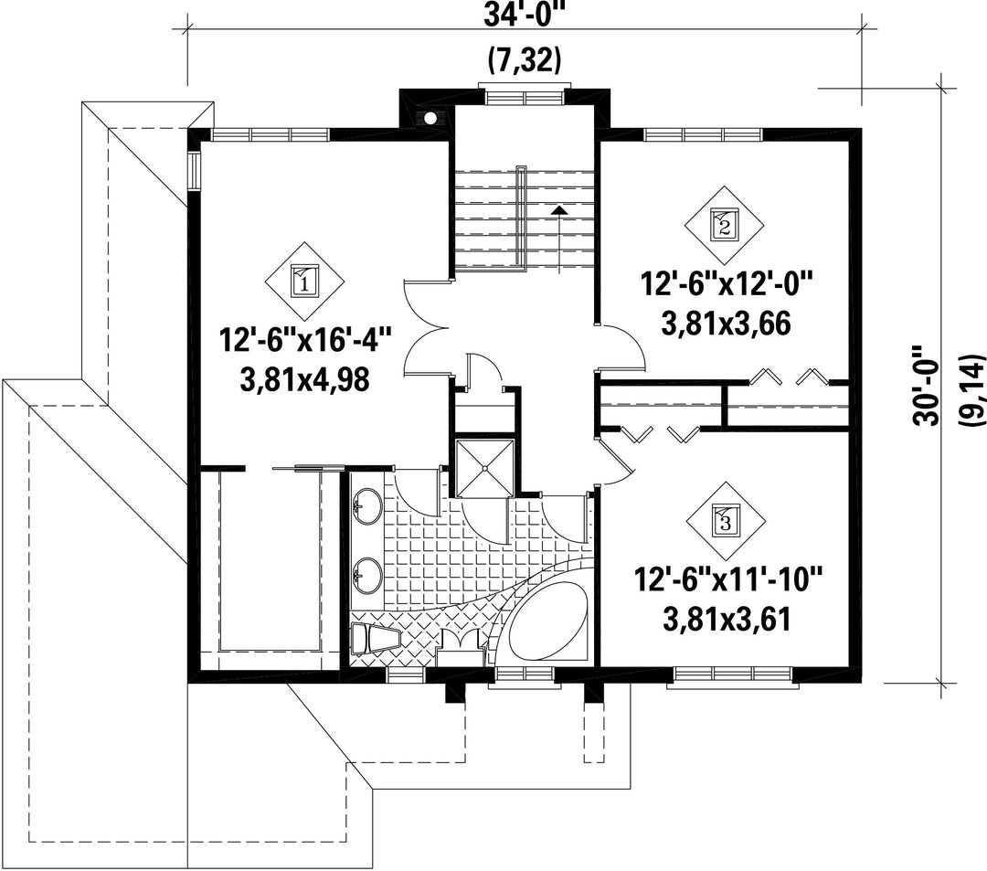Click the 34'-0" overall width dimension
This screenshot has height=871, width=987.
click(522, 13)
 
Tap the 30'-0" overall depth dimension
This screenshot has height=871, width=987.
click(929, 385)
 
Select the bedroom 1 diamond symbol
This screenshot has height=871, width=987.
click(304, 281)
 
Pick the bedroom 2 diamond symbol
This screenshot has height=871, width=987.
click(724, 226)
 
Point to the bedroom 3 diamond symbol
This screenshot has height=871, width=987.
click(725, 522)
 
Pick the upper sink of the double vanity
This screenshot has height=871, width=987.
click(367, 506)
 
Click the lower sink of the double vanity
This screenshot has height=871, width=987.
click(367, 575)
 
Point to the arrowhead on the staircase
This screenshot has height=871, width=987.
click(557, 210)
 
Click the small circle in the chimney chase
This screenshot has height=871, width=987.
click(430, 117)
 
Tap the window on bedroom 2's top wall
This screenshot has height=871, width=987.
click(703, 134)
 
